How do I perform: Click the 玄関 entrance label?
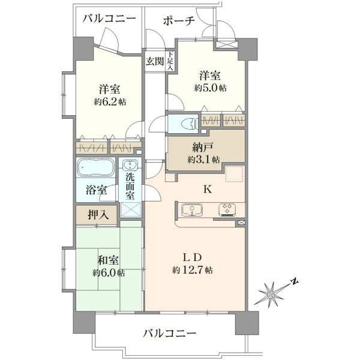pos(155,61)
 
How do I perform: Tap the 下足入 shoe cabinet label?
pos(170,61)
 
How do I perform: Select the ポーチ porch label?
pos(179,21)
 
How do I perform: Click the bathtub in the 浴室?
pos(95,167)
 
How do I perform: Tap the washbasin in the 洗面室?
pos(130,164)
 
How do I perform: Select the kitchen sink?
pos(192,210)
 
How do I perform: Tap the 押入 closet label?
pos(98,215)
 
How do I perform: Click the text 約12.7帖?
pos(193,270)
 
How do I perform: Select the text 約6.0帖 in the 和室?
pos(109,273)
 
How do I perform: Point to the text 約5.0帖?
pos(211,88)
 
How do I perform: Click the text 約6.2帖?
pos(110,102)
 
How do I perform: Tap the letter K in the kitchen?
pos(208,190)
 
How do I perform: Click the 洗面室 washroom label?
pos(130,186)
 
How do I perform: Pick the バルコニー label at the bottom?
pos(170,332)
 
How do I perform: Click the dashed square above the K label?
pos(234,173)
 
